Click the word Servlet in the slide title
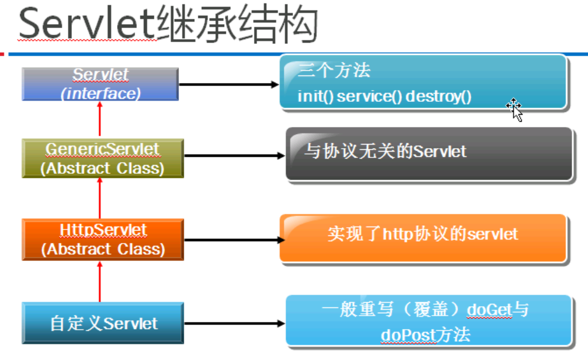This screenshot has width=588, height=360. tap(87, 25)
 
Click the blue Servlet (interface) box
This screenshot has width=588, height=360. tap(100, 84)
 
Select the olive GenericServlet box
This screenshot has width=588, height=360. tap(103, 158)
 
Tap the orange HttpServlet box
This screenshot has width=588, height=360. tap(103, 239)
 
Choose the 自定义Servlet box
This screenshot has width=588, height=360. tap(103, 323)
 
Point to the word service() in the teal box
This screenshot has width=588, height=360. tap(369, 97)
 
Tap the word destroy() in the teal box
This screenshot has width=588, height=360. tap(438, 97)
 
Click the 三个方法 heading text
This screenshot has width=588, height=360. tap(333, 70)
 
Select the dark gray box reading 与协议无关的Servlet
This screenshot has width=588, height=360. tap(429, 154)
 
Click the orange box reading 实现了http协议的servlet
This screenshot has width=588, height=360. tap(422, 238)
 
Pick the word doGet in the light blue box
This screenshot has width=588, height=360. tap(489, 310)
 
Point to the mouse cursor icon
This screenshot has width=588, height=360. tap(515, 110)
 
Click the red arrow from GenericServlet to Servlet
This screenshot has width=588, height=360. tap(99, 119)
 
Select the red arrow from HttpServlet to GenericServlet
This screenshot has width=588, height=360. tap(99, 198)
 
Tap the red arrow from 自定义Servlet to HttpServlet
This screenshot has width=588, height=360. tap(99, 281)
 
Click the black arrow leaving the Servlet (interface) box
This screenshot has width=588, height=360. tap(229, 84)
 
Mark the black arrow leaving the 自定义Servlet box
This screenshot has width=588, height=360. tap(235, 323)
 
